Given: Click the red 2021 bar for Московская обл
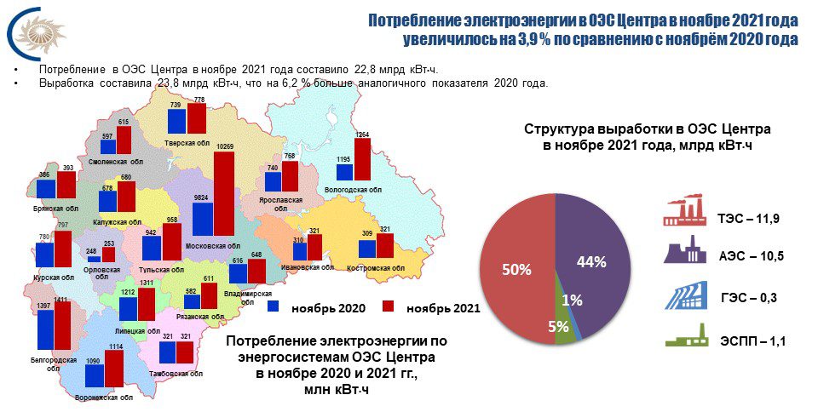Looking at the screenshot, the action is (224, 194).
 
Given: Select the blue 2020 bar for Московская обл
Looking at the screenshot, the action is (203, 220).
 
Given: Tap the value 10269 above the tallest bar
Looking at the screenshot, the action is (224, 147).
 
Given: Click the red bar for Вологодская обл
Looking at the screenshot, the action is (362, 159).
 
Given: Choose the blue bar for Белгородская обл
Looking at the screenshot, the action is (46, 329).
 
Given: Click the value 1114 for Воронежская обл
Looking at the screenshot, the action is (115, 346).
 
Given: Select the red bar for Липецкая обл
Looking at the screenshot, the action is (146, 304).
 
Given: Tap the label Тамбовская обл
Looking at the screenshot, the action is (176, 374).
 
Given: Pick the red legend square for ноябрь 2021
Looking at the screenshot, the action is (389, 306).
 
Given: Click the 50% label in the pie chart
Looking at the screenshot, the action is (516, 270).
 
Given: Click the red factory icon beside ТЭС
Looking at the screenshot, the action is (683, 210).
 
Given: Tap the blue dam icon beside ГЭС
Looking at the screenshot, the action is (685, 295).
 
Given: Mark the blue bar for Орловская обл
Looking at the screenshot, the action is (94, 259).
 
